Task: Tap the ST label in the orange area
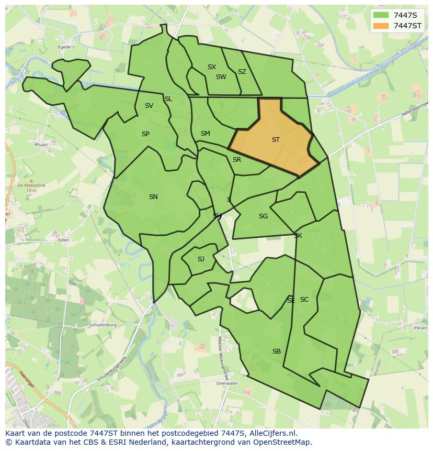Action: [276, 140]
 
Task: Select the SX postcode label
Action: [211, 67]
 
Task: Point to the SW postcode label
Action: [221, 77]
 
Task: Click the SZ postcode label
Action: [242, 72]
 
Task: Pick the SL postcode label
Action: [168, 99]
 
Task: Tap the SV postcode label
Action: [149, 106]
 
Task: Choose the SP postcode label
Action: [145, 134]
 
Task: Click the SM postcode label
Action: [205, 134]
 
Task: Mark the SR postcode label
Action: [236, 160]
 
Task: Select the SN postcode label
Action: [153, 197]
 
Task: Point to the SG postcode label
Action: [263, 216]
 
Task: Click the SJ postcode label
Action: [201, 259]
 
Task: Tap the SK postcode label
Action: [298, 236]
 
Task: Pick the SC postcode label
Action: [304, 300]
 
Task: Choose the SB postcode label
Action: [276, 351]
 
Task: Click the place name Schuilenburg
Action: [102, 325]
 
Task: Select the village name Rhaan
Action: [41, 145]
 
